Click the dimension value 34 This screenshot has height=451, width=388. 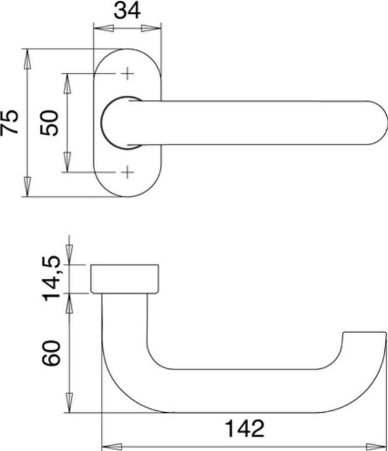click(x=127, y=11)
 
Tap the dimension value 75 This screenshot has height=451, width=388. click(x=9, y=122)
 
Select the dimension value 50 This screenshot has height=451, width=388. click(x=49, y=123)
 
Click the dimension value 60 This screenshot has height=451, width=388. click(x=51, y=353)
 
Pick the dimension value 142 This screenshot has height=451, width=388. click(x=245, y=428)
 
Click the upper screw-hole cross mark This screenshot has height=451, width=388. click(x=127, y=74)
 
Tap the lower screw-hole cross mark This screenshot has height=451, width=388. click(x=127, y=173)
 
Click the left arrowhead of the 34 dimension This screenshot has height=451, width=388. click(x=104, y=28)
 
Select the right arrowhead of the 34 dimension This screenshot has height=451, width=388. click(x=151, y=28)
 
